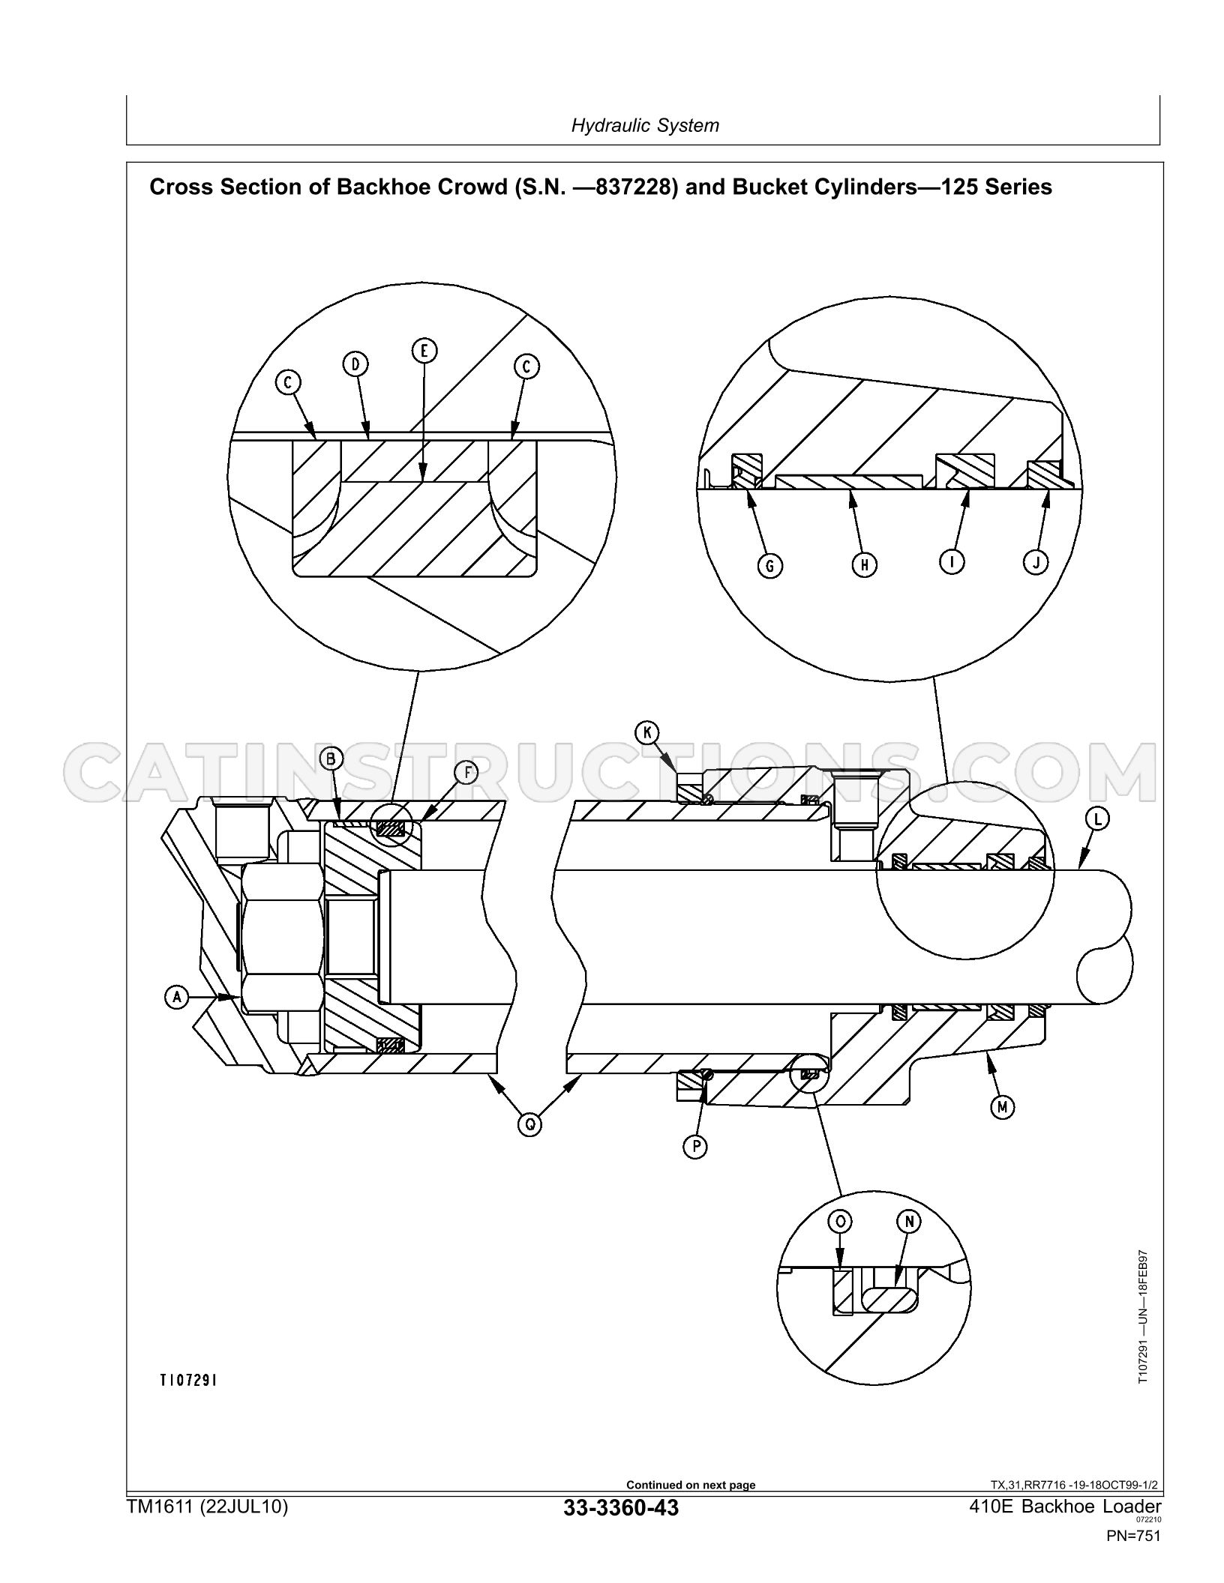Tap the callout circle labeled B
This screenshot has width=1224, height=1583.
331,759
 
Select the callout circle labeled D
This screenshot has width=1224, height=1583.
355,365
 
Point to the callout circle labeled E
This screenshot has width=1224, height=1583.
424,351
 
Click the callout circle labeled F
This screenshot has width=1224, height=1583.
466,773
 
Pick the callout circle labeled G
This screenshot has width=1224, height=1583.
769,566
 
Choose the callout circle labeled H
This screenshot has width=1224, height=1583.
864,564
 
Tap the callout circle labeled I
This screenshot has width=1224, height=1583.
952,561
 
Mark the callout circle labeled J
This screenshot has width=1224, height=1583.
1036,563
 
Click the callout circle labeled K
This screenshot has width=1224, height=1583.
646,732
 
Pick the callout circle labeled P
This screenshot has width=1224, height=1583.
695,1167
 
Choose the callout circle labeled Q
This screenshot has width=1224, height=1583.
530,1145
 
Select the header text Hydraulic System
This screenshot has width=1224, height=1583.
645,125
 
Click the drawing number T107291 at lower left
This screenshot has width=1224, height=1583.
188,1381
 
